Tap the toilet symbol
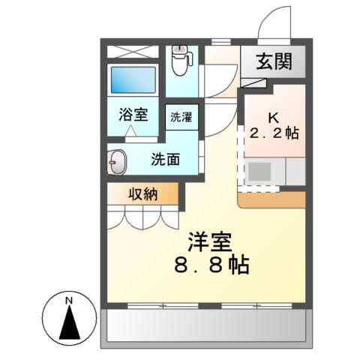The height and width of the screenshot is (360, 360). pyautogui.click(x=180, y=60)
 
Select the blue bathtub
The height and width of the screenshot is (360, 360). pyautogui.click(x=133, y=79)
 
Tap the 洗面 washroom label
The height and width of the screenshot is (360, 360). pyautogui.click(x=165, y=159)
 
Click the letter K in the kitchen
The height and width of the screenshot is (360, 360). pyautogui.click(x=274, y=118)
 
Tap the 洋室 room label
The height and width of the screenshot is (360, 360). pyautogui.click(x=212, y=244)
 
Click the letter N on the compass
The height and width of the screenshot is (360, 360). pyautogui.click(x=68, y=301)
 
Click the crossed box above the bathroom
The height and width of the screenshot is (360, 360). pyautogui.click(x=133, y=52)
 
